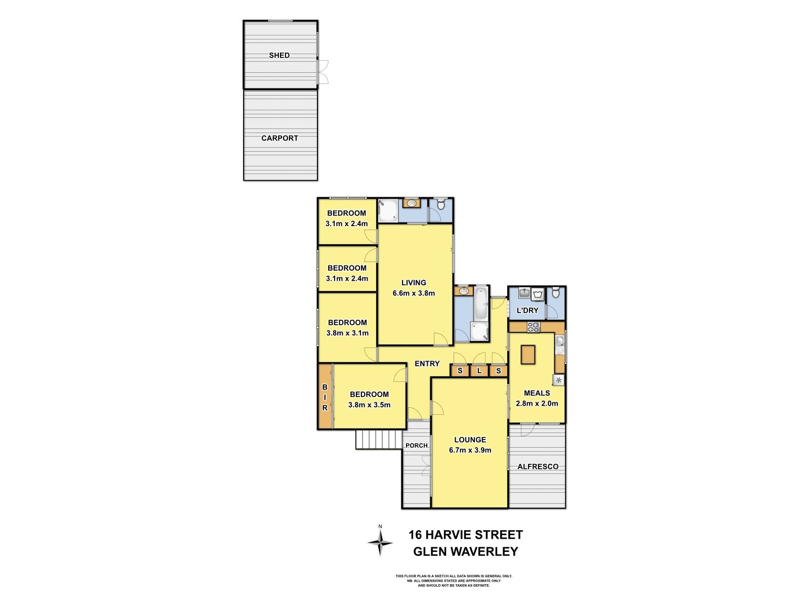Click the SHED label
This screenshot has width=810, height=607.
click(279, 55)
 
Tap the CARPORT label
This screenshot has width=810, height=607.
click(279, 138)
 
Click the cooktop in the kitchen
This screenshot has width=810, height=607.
click(534, 327)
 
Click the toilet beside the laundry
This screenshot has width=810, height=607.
click(555, 293)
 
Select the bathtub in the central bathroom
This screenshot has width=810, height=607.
click(480, 303)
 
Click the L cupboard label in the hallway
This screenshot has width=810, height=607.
click(479, 371)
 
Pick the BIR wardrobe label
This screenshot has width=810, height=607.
click(325, 397)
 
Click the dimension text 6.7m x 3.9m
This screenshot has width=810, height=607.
click(470, 450)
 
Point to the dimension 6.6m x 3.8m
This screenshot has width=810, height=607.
click(414, 293)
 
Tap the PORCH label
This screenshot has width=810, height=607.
click(417, 446)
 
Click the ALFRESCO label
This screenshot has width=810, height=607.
click(538, 466)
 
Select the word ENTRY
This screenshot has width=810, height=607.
click(427, 364)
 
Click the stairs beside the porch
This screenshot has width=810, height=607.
click(379, 439)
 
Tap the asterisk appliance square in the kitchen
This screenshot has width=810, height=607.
click(559, 380)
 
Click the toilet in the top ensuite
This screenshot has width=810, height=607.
click(440, 205)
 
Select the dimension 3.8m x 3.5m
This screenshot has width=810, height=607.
click(369, 405)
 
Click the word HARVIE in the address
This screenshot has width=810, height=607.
click(455, 535)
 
